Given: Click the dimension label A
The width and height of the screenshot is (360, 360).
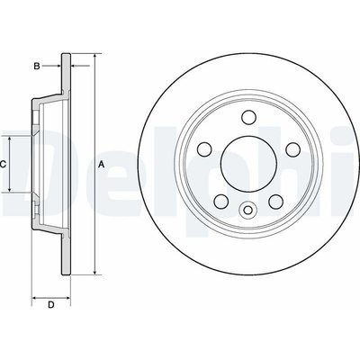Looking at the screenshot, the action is coord(102,164).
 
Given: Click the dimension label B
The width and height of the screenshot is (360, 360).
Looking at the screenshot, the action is coord(37,66).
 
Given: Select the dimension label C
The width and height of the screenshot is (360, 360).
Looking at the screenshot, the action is coord(3,164).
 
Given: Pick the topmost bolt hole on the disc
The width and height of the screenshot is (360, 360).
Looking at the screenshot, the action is coord(248,117).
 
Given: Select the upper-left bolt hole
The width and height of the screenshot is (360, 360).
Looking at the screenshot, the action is coord(205,148).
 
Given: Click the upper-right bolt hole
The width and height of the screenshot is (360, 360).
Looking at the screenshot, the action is coord(292,148).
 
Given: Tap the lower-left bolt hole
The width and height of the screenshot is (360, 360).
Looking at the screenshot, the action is coord(221,201).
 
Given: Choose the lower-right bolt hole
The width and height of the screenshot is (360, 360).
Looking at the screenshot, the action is coord(275,201).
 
